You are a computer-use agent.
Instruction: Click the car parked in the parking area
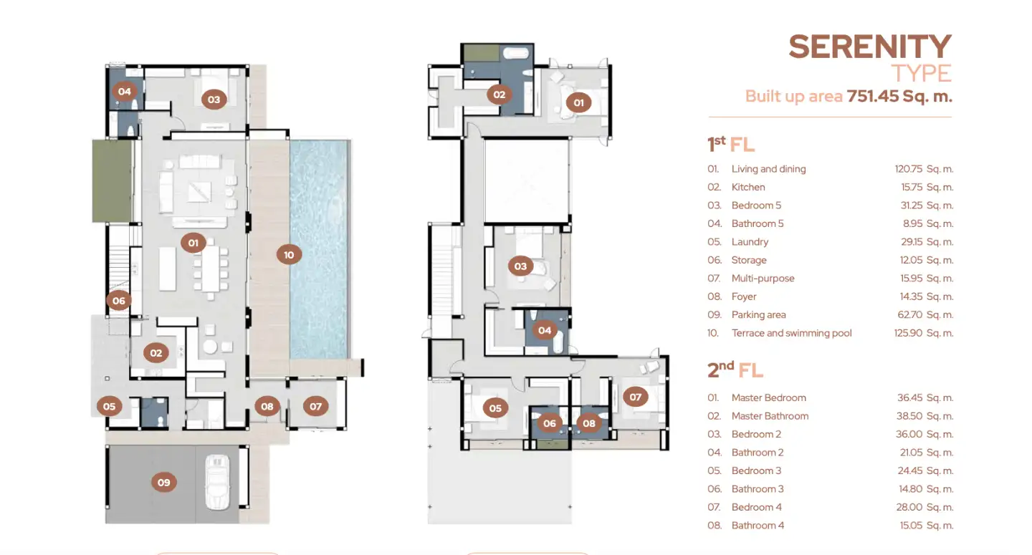pyautogui.click(x=217, y=482)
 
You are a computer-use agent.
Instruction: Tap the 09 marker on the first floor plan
pyautogui.click(x=164, y=482)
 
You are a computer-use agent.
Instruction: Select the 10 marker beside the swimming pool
pyautogui.click(x=289, y=254)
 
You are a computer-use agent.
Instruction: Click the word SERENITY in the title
pyautogui.click(x=870, y=47)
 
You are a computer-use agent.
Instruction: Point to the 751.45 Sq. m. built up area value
pyautogui.click(x=899, y=96)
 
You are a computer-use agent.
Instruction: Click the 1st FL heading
pyautogui.click(x=731, y=144)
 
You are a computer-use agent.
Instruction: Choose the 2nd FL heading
pyautogui.click(x=735, y=370)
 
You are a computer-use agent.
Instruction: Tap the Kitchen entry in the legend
pyautogui.click(x=747, y=188)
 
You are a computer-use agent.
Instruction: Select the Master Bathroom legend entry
pyautogui.click(x=770, y=416)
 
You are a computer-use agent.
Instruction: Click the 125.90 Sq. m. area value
pyautogui.click(x=924, y=333)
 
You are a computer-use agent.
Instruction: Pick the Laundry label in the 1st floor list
pyautogui.click(x=750, y=242)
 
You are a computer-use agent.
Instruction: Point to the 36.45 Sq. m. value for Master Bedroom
pyautogui.click(x=925, y=397)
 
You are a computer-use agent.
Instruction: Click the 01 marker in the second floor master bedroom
pyautogui.click(x=578, y=102)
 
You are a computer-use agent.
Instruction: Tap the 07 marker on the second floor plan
pyautogui.click(x=635, y=397)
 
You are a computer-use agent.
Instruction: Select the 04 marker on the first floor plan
pyautogui.click(x=125, y=91)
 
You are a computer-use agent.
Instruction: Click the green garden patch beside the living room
pyautogui.click(x=112, y=181)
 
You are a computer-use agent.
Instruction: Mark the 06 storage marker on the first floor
pyautogui.click(x=119, y=301)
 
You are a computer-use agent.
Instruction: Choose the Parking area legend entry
pyautogui.click(x=758, y=315)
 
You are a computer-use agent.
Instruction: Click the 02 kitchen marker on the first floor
pyautogui.click(x=156, y=353)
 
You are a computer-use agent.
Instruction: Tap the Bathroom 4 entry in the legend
pyautogui.click(x=758, y=526)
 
